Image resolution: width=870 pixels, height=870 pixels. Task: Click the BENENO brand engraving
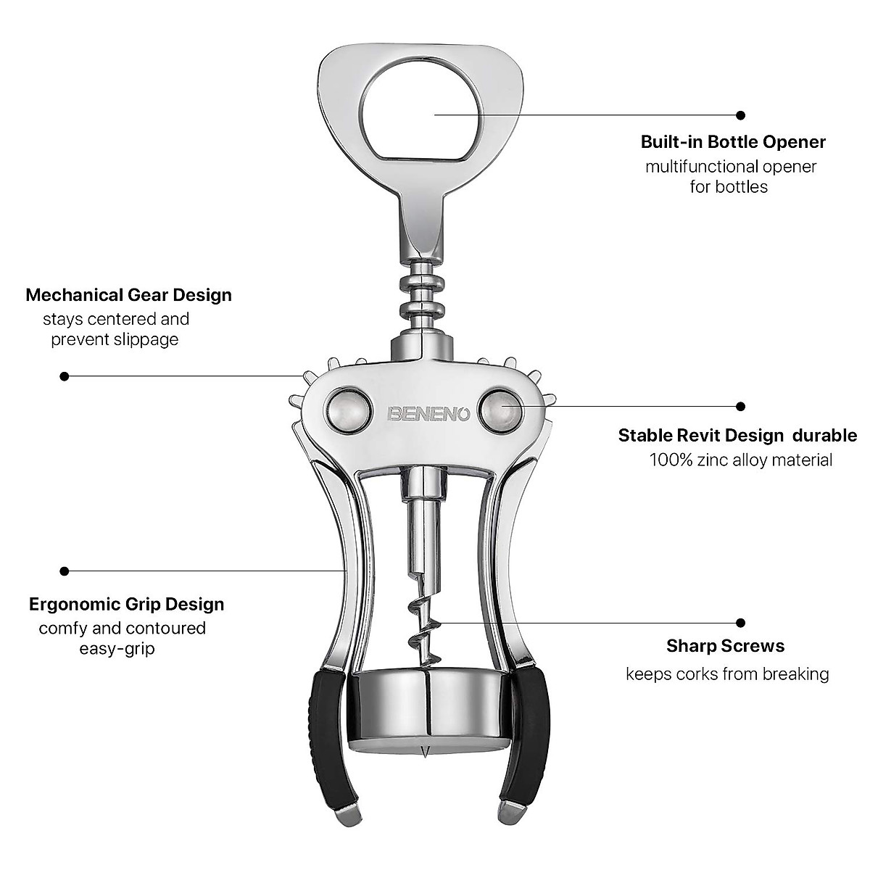(429, 414)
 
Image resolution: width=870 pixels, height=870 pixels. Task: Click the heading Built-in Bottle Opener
(733, 142)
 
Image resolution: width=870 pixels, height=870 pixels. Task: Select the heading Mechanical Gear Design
(128, 295)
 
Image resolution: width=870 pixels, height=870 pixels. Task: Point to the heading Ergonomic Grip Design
(126, 604)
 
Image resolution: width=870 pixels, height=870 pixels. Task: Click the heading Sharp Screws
(725, 645)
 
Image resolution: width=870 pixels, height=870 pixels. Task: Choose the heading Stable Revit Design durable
(737, 436)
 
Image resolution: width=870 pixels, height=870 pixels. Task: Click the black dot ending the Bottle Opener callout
(740, 115)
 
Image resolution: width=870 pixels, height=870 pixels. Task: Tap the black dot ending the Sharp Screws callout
(740, 622)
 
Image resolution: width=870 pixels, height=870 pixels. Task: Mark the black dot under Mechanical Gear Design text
(65, 376)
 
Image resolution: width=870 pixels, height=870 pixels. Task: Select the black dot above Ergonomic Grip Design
(65, 571)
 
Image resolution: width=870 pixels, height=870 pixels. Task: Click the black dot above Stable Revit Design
(740, 406)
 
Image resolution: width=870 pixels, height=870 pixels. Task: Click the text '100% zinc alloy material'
(740, 460)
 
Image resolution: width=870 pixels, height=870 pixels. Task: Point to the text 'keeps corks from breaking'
(727, 674)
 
